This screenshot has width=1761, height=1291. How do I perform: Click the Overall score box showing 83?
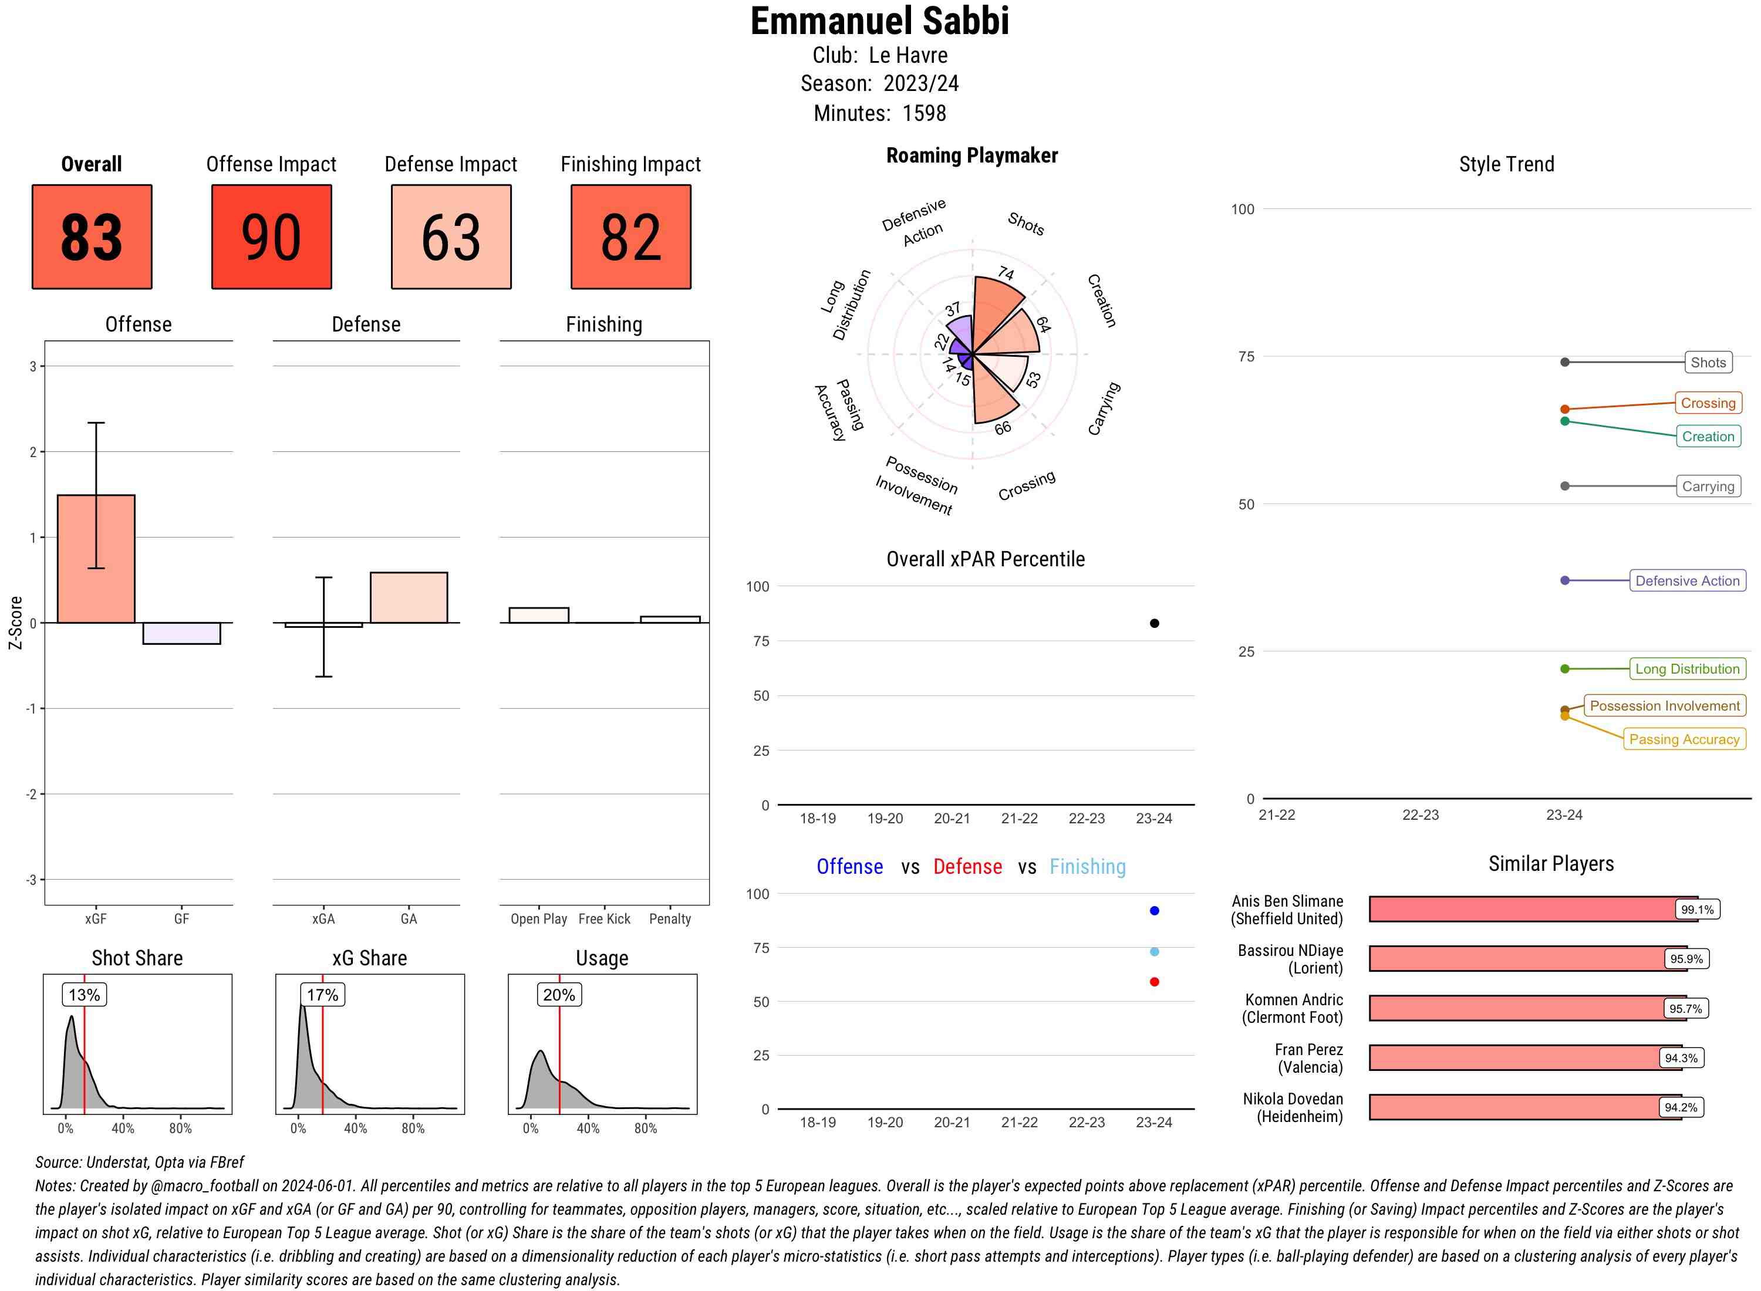tap(92, 237)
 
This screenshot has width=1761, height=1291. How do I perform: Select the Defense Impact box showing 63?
tap(451, 237)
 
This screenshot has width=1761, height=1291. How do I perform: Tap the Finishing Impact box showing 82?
tap(631, 237)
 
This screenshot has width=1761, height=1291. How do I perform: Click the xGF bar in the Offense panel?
tap(96, 559)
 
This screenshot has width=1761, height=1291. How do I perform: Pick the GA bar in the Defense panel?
tap(409, 598)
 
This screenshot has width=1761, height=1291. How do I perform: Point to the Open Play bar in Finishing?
tap(538, 615)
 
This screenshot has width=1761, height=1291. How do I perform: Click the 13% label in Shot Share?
tap(85, 995)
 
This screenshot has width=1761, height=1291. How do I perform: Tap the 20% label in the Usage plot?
tap(559, 995)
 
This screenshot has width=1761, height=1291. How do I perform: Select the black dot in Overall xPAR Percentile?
tap(1155, 623)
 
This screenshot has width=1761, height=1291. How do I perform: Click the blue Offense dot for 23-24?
tap(1155, 910)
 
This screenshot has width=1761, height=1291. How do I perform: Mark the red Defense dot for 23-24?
tap(1155, 982)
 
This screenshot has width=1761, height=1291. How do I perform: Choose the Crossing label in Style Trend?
tap(1708, 403)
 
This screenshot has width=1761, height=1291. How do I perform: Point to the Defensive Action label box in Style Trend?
tap(1688, 580)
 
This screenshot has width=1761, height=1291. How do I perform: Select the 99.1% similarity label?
tap(1697, 910)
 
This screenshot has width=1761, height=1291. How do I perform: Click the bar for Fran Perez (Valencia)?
tap(1516, 1058)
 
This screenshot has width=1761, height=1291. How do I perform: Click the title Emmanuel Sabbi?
tap(880, 21)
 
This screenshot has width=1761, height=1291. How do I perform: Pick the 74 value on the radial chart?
tap(1006, 273)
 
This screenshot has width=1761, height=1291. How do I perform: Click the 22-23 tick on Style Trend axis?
tap(1420, 815)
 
